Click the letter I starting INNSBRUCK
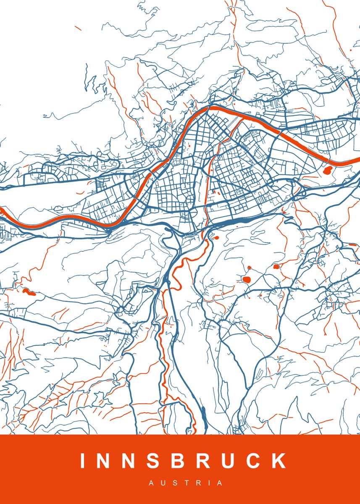click(x=82, y=461)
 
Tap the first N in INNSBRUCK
click(x=105, y=461)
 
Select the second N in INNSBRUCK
click(x=131, y=461)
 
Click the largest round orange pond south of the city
click(x=246, y=279)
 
